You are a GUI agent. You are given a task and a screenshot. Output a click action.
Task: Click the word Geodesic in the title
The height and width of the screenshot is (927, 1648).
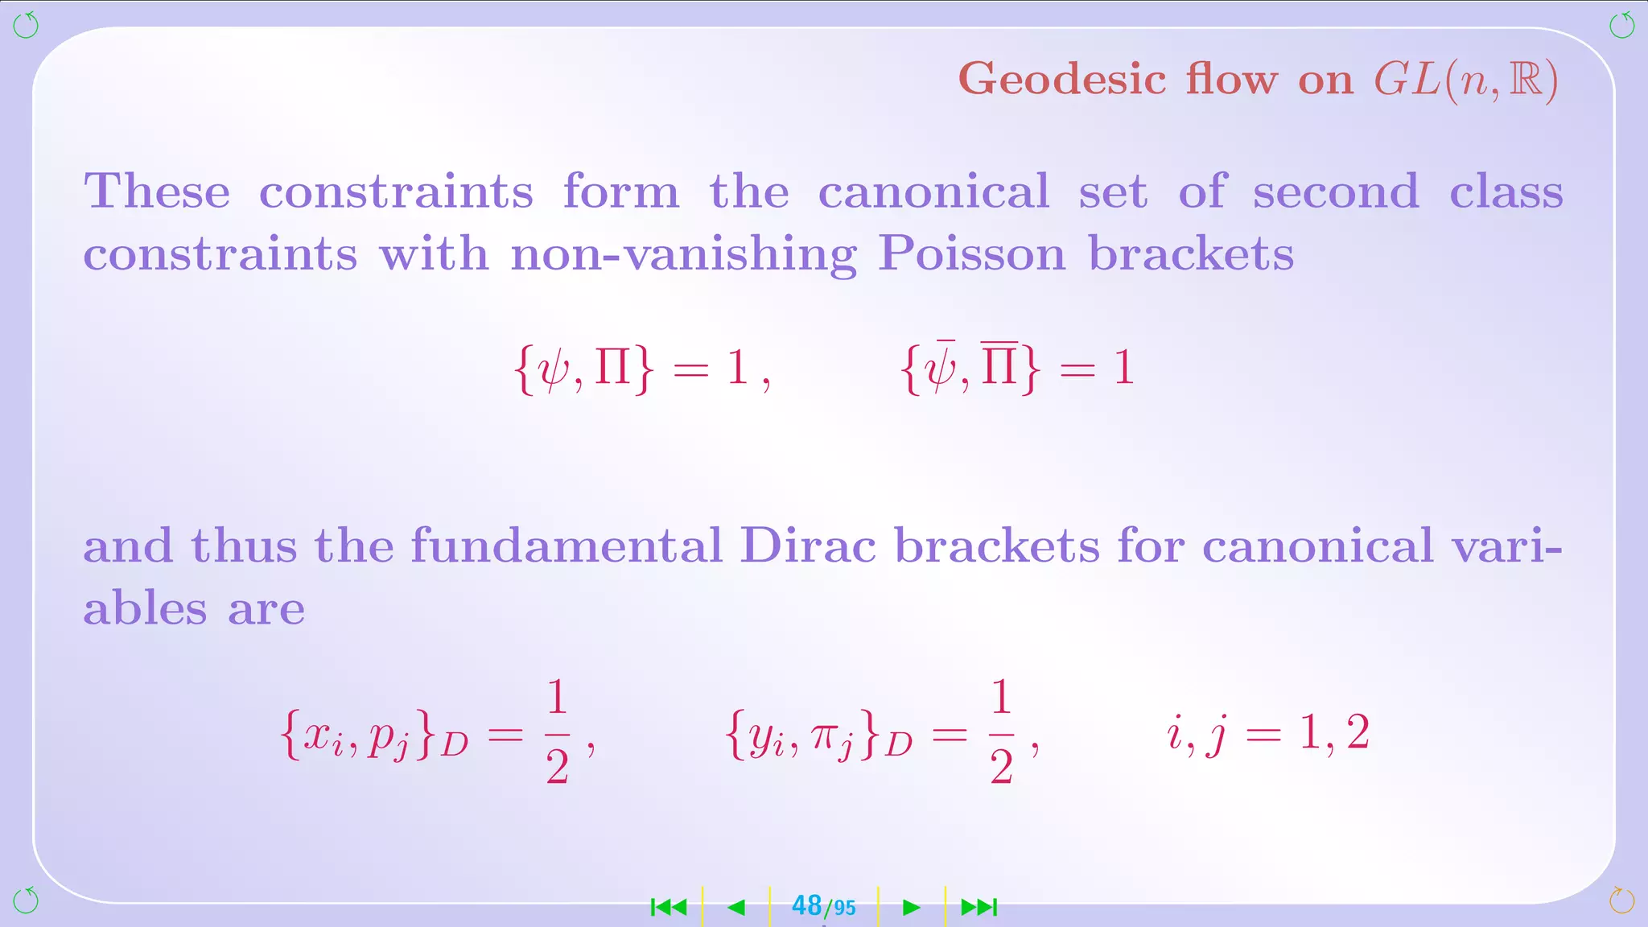1062,80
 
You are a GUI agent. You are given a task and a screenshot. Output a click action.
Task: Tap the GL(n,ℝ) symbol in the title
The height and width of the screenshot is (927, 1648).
1466,80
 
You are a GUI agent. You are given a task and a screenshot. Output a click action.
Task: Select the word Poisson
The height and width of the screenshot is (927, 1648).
971,254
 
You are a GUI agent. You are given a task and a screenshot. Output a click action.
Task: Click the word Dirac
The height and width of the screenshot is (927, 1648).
807,546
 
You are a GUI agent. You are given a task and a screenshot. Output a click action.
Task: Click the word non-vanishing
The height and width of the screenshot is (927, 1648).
683,254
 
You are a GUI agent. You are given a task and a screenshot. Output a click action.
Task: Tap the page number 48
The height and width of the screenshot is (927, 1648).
806,906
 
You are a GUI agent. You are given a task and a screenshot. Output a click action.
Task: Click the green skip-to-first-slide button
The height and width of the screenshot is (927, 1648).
669,908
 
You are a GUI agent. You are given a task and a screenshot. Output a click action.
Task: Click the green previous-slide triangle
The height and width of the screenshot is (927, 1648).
736,908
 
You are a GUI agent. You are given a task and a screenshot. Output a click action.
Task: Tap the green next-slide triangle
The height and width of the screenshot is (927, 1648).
912,908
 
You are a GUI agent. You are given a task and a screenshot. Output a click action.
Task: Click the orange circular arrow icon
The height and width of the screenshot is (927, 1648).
1621,900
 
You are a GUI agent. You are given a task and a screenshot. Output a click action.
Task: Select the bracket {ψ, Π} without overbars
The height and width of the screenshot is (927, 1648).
583,369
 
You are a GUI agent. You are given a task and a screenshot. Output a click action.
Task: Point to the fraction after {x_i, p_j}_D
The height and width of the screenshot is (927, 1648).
557,732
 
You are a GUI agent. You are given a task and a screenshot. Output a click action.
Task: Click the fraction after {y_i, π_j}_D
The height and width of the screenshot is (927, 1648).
1001,732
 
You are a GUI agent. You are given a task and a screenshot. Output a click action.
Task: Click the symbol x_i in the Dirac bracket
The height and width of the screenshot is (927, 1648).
322,736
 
